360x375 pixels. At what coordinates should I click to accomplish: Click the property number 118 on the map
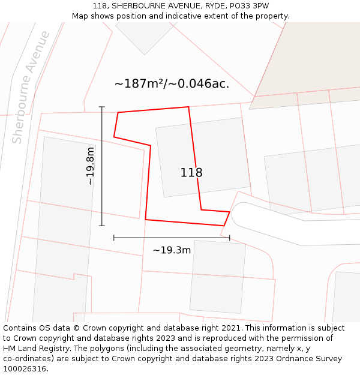(191, 173)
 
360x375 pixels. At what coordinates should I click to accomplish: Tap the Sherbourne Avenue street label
(31, 87)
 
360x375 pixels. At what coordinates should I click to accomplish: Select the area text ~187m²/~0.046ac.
(172, 84)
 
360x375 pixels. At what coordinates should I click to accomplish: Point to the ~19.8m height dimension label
(90, 166)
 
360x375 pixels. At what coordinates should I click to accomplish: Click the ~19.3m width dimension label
(172, 250)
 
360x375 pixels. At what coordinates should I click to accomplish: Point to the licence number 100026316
(26, 369)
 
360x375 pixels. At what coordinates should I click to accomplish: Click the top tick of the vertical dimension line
(101, 107)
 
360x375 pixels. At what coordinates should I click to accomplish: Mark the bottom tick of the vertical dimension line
(101, 226)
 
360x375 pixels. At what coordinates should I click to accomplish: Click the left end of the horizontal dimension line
(114, 238)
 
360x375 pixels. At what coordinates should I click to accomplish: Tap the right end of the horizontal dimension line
(229, 238)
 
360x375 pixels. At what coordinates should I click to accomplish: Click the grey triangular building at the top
(143, 36)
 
